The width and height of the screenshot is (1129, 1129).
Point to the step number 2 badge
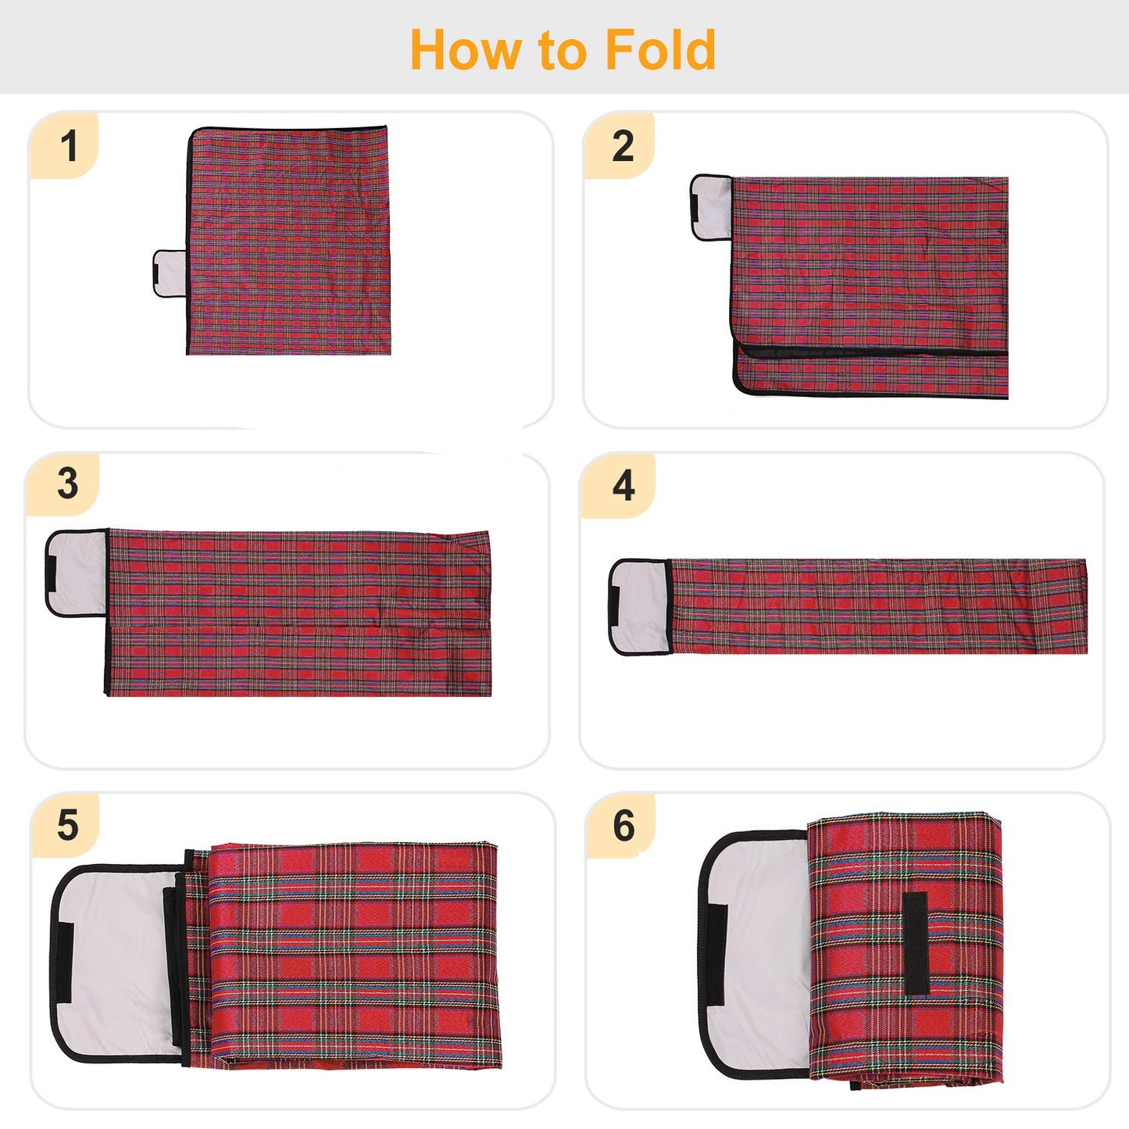[x=622, y=146]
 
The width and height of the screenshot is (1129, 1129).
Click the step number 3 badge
[x=67, y=484]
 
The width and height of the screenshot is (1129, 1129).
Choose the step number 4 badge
[x=623, y=485]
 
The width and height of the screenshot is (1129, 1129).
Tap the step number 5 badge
[x=67, y=825]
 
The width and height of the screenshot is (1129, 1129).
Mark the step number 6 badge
[x=623, y=825]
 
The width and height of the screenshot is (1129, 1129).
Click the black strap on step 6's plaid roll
[x=916, y=943]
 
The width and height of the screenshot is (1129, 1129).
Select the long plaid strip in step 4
[x=878, y=606]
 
